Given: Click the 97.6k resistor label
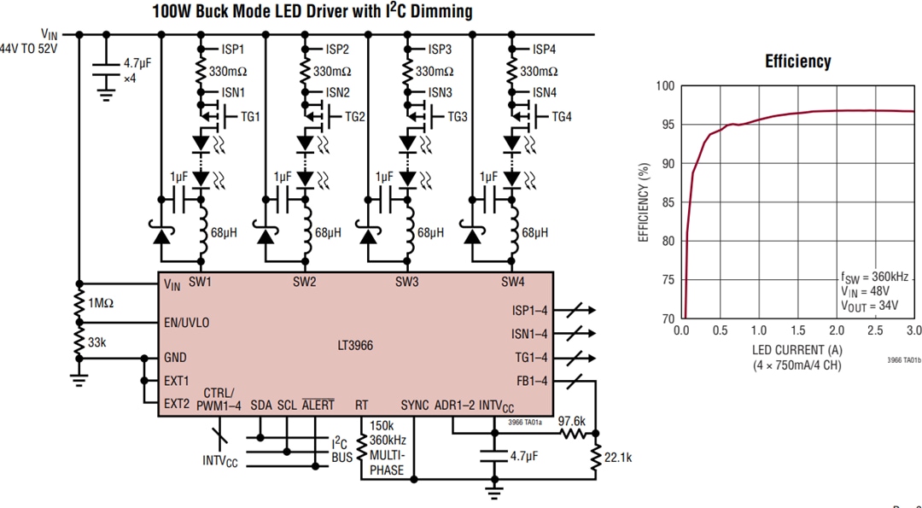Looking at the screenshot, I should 572,421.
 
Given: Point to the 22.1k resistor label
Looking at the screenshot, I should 617,458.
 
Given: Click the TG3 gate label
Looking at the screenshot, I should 458,117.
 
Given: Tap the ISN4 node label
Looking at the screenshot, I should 545,92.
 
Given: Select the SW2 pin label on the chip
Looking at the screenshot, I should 305,282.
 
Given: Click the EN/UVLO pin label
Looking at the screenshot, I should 186,324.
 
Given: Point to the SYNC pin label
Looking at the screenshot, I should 415,404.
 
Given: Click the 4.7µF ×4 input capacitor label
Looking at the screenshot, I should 137,70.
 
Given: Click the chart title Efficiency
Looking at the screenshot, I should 797,61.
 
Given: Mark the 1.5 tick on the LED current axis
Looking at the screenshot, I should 797,330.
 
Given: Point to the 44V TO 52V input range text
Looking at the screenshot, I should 30,50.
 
